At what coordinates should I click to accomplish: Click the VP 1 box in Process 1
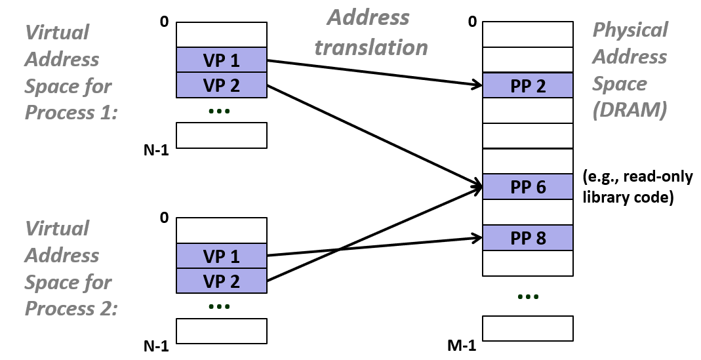[x=222, y=60]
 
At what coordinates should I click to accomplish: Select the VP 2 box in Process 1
[x=222, y=85]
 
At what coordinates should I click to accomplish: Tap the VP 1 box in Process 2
[x=222, y=256]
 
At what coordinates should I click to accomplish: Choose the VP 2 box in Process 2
[x=222, y=281]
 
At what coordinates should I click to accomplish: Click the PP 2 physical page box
[x=528, y=86]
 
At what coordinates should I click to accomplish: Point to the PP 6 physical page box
[x=528, y=187]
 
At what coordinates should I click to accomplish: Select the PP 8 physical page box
[x=528, y=237]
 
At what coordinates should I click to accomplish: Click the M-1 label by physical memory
[x=462, y=346]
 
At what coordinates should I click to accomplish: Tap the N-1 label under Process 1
[x=156, y=151]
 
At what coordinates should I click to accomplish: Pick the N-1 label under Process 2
[x=156, y=346]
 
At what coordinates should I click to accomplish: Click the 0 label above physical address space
[x=472, y=22]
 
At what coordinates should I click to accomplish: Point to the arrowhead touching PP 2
[x=477, y=85]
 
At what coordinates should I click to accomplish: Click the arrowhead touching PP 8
[x=477, y=239]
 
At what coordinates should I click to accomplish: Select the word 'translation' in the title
[x=371, y=47]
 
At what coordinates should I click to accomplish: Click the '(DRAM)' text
[x=630, y=110]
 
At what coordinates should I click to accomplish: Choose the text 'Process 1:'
[x=71, y=113]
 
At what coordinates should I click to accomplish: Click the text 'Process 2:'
[x=71, y=309]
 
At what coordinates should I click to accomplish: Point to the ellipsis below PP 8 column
[x=528, y=297]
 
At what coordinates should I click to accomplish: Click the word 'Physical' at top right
[x=630, y=30]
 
